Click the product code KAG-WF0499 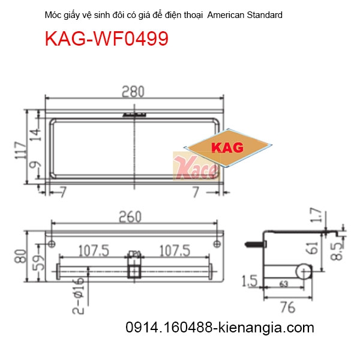click(106, 39)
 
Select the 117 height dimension click(19, 153)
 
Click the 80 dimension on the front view click(19, 259)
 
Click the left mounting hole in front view click(52, 244)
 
